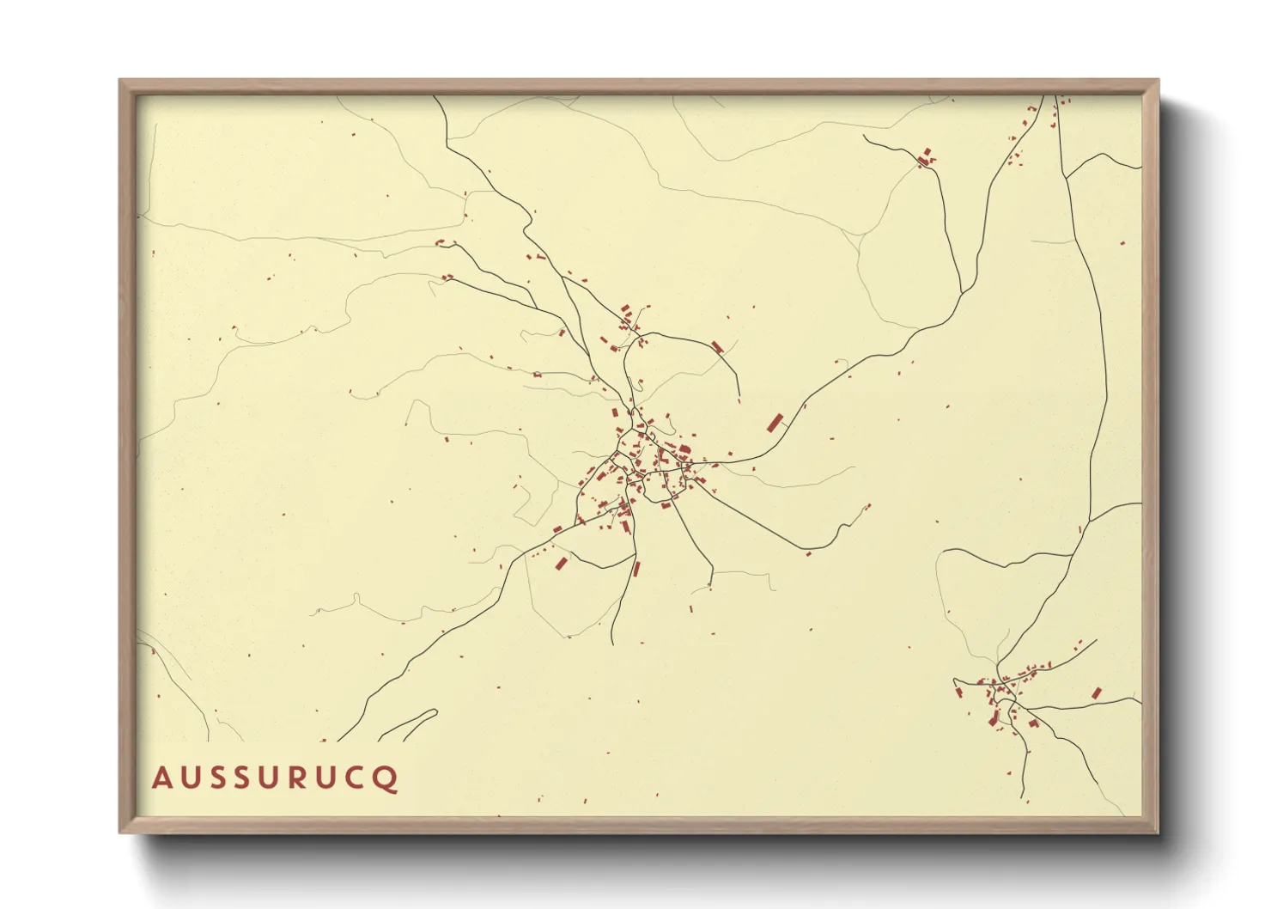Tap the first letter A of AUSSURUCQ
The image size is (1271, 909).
coord(161,778)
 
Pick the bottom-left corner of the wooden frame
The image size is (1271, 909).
coord(121,832)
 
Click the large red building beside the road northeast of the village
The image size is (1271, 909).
coord(775,423)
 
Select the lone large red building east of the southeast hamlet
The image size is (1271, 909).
coord(1097,692)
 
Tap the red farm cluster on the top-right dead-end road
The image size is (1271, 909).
coord(925,157)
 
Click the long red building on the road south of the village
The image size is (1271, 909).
coord(636,568)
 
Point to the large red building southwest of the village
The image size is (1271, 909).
coord(562,564)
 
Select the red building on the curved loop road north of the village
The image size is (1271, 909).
coord(717,346)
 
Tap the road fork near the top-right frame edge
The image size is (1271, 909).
coord(1066,177)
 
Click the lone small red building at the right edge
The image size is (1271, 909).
coord(1122,243)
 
